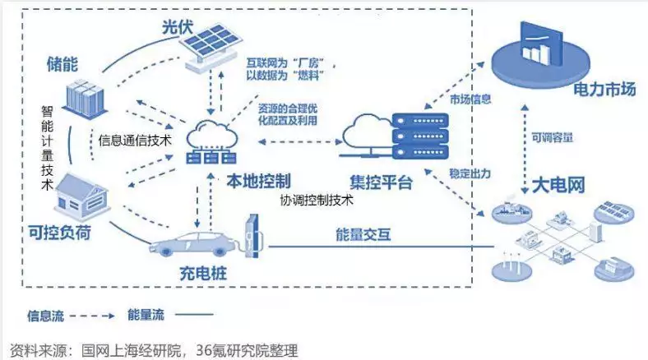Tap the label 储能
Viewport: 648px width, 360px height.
62,64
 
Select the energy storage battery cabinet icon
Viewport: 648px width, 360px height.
86,99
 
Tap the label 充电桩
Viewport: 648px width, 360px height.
203,274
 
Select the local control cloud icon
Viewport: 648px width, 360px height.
211,141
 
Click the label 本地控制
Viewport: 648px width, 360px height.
259,181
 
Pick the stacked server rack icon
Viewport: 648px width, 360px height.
420,136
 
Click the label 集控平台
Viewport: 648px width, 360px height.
381,182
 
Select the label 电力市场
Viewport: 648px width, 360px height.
604,90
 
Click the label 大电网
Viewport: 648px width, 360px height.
558,185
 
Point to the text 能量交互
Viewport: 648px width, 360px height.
363,234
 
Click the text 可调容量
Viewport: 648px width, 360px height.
552,137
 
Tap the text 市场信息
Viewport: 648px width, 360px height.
470,99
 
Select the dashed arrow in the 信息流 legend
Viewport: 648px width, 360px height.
92,316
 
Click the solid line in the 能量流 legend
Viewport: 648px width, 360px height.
194,315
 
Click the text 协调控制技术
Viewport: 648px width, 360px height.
317,201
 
